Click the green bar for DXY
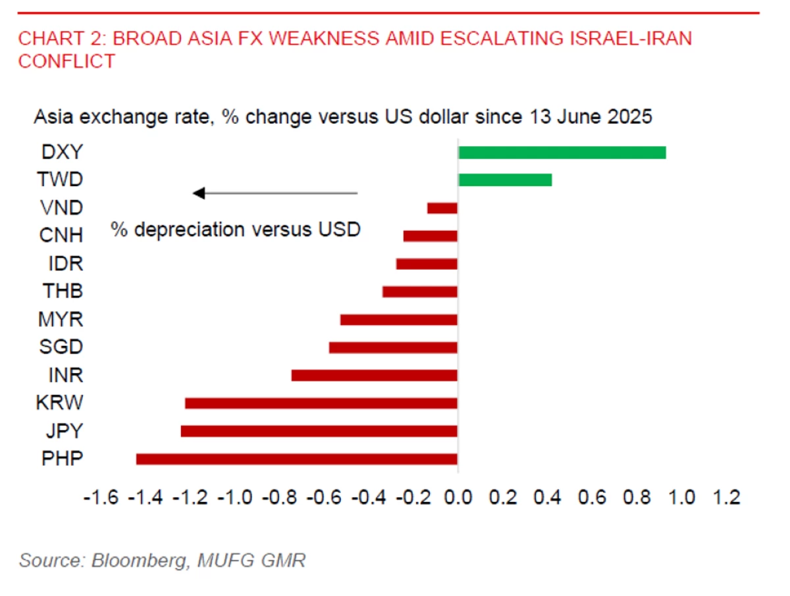pos(562,153)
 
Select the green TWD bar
pos(505,180)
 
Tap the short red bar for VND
pos(442,208)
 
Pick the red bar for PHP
pos(296,459)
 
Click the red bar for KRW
pos(321,403)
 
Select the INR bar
pos(374,376)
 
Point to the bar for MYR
pos(398,320)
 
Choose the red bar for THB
pos(419,291)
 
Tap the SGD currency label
pos(61,347)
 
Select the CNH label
pos(61,236)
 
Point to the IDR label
pos(65,264)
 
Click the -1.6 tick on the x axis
pos(101,497)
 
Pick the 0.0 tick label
pos(458,497)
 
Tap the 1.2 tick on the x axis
pos(727,497)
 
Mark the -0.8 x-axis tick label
pos(280,497)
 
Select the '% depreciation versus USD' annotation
pos(235,230)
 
